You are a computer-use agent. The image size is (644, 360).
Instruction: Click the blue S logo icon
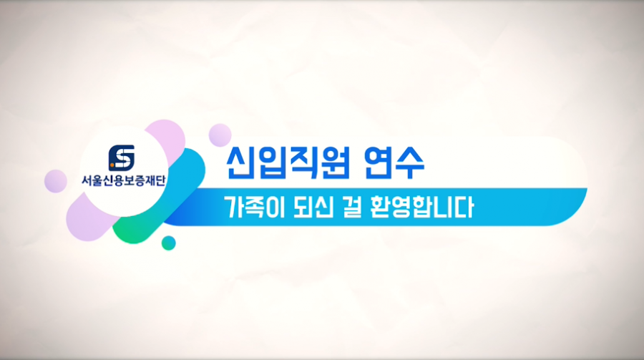pyautogui.click(x=122, y=157)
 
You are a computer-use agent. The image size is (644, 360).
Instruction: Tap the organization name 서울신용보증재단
pyautogui.click(x=123, y=180)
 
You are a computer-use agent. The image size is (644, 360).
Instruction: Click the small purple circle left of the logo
pyautogui.click(x=55, y=181)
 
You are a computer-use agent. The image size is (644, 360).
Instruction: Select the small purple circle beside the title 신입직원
pyautogui.click(x=220, y=135)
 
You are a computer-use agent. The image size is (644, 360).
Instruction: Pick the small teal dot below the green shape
pyautogui.click(x=168, y=243)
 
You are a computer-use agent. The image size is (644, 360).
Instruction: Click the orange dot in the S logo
pyautogui.click(x=112, y=166)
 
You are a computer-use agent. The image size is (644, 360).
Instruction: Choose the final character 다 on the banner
pyautogui.click(x=464, y=208)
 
